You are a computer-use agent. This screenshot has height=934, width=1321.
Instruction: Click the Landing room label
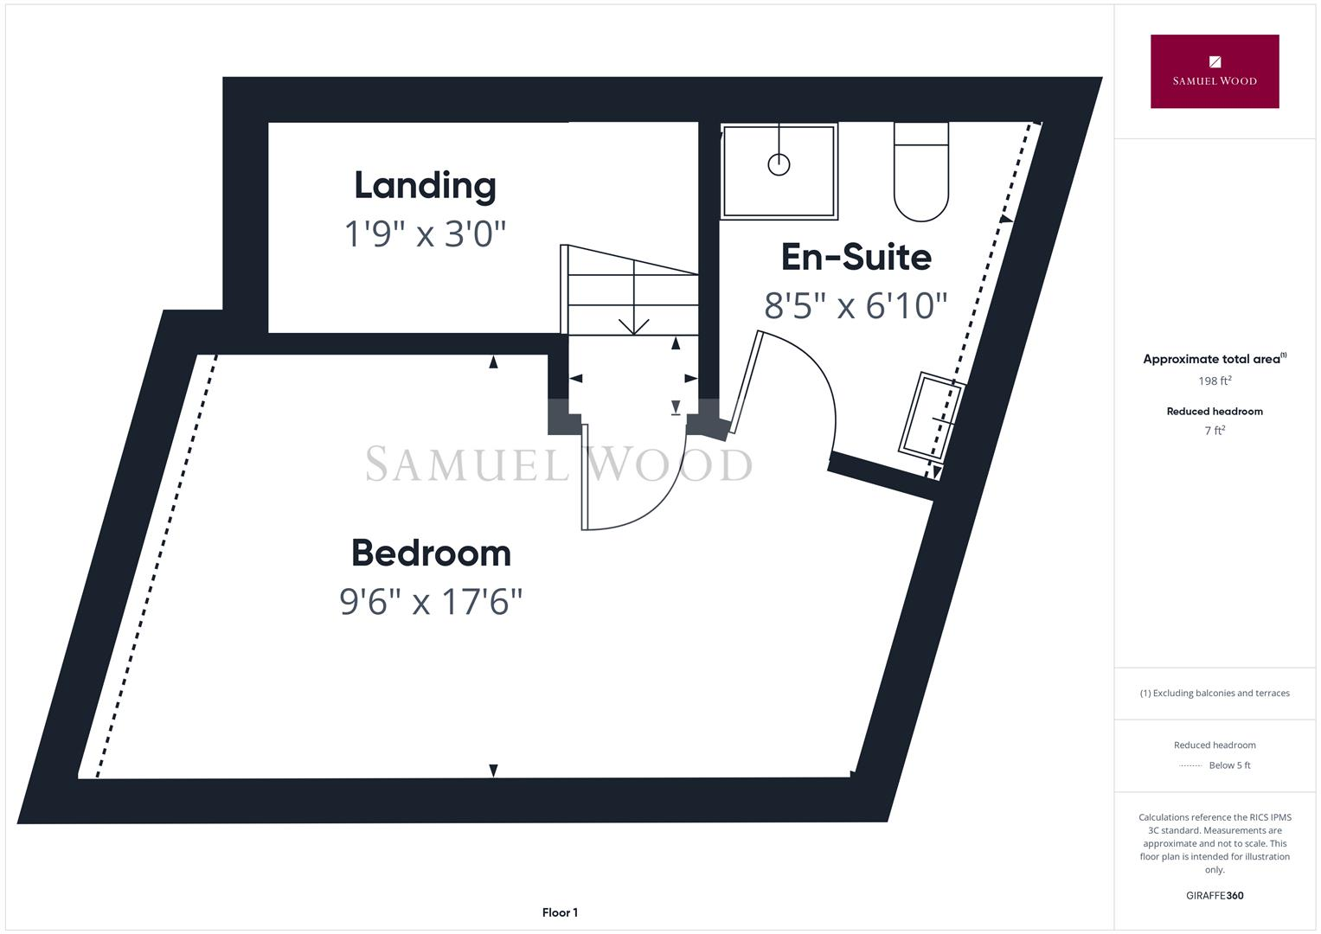(425, 186)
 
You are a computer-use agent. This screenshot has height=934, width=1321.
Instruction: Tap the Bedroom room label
(431, 553)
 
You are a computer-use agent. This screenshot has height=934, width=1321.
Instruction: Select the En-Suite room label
(856, 257)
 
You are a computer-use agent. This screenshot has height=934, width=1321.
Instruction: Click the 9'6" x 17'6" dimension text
(431, 602)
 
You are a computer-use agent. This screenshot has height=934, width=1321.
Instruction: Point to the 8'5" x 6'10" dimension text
(856, 305)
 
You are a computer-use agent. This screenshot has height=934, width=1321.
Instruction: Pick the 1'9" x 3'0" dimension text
(425, 233)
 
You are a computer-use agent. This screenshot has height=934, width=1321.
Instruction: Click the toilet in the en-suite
(920, 173)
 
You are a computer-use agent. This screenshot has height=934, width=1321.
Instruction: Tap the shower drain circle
(779, 164)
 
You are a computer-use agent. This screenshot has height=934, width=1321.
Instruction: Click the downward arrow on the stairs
(634, 325)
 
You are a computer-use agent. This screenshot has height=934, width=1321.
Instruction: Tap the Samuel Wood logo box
(1214, 72)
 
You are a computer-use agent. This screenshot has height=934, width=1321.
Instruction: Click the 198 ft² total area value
(1215, 381)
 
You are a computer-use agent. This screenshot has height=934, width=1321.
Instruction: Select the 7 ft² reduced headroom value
(1215, 431)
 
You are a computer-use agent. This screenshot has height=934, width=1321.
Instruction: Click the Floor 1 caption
(560, 912)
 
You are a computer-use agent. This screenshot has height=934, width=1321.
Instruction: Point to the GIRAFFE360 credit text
(1215, 896)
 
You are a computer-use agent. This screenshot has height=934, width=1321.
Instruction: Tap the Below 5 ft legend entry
(1228, 765)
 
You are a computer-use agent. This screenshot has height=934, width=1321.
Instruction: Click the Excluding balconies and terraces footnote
(1215, 693)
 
